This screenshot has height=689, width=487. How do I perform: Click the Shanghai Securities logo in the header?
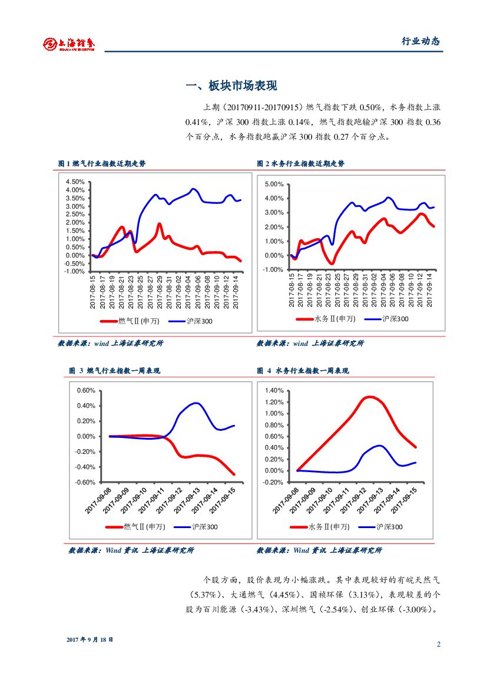pyautogui.click(x=69, y=43)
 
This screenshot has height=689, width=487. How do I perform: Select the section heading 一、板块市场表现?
pyautogui.click(x=231, y=86)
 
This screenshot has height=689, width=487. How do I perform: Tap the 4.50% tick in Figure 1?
pyautogui.click(x=75, y=182)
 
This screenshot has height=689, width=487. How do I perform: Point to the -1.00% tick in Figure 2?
pyautogui.click(x=274, y=270)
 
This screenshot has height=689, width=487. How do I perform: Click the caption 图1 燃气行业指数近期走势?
pyautogui.click(x=101, y=164)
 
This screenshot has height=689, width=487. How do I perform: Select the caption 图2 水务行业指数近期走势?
pyautogui.click(x=300, y=164)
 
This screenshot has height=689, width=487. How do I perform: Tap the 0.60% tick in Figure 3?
pyautogui.click(x=86, y=390)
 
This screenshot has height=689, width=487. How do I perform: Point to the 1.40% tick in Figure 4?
pyautogui.click(x=274, y=390)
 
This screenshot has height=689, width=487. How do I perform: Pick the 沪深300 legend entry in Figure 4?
pyautogui.click(x=389, y=526)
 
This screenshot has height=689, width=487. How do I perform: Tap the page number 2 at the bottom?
pyautogui.click(x=438, y=644)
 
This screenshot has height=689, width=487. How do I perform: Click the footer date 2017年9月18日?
pyautogui.click(x=90, y=639)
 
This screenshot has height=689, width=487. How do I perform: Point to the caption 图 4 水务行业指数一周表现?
pyautogui.click(x=303, y=371)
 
